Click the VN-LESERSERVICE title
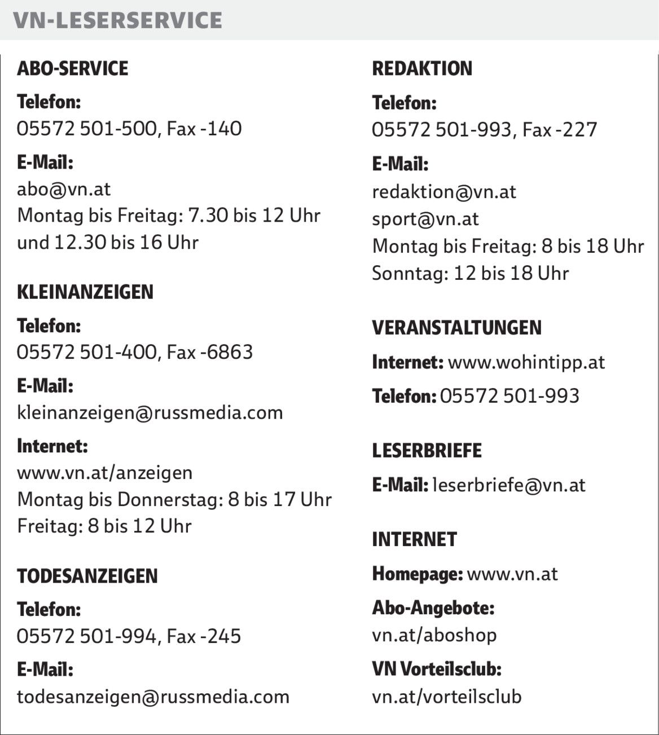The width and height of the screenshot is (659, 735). (x=117, y=20)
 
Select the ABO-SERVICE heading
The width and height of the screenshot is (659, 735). (x=73, y=68)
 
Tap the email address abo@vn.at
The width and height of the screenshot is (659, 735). (x=64, y=189)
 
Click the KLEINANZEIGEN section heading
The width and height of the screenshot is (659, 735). (x=85, y=292)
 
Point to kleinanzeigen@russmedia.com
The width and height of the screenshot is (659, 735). (x=150, y=412)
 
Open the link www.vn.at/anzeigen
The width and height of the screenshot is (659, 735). (x=104, y=472)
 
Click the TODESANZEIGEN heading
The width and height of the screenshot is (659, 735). (x=87, y=576)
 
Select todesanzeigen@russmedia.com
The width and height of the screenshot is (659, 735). (x=153, y=697)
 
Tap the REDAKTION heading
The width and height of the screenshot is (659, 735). (x=422, y=68)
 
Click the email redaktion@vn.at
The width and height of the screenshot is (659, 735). (x=444, y=192)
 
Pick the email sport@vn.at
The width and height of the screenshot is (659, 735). (x=425, y=219)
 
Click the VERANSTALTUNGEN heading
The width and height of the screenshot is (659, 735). (x=456, y=327)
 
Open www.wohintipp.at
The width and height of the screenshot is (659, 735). (x=526, y=362)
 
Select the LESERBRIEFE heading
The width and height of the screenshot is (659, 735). (x=427, y=450)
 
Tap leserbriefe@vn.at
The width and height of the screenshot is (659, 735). (x=508, y=485)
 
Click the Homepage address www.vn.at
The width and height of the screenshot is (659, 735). (x=512, y=574)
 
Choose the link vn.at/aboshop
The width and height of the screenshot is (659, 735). (x=434, y=635)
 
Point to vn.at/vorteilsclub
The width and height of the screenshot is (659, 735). (x=447, y=697)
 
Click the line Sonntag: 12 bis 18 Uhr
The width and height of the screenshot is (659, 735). (x=470, y=274)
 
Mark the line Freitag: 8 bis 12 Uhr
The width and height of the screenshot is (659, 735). (x=104, y=526)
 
